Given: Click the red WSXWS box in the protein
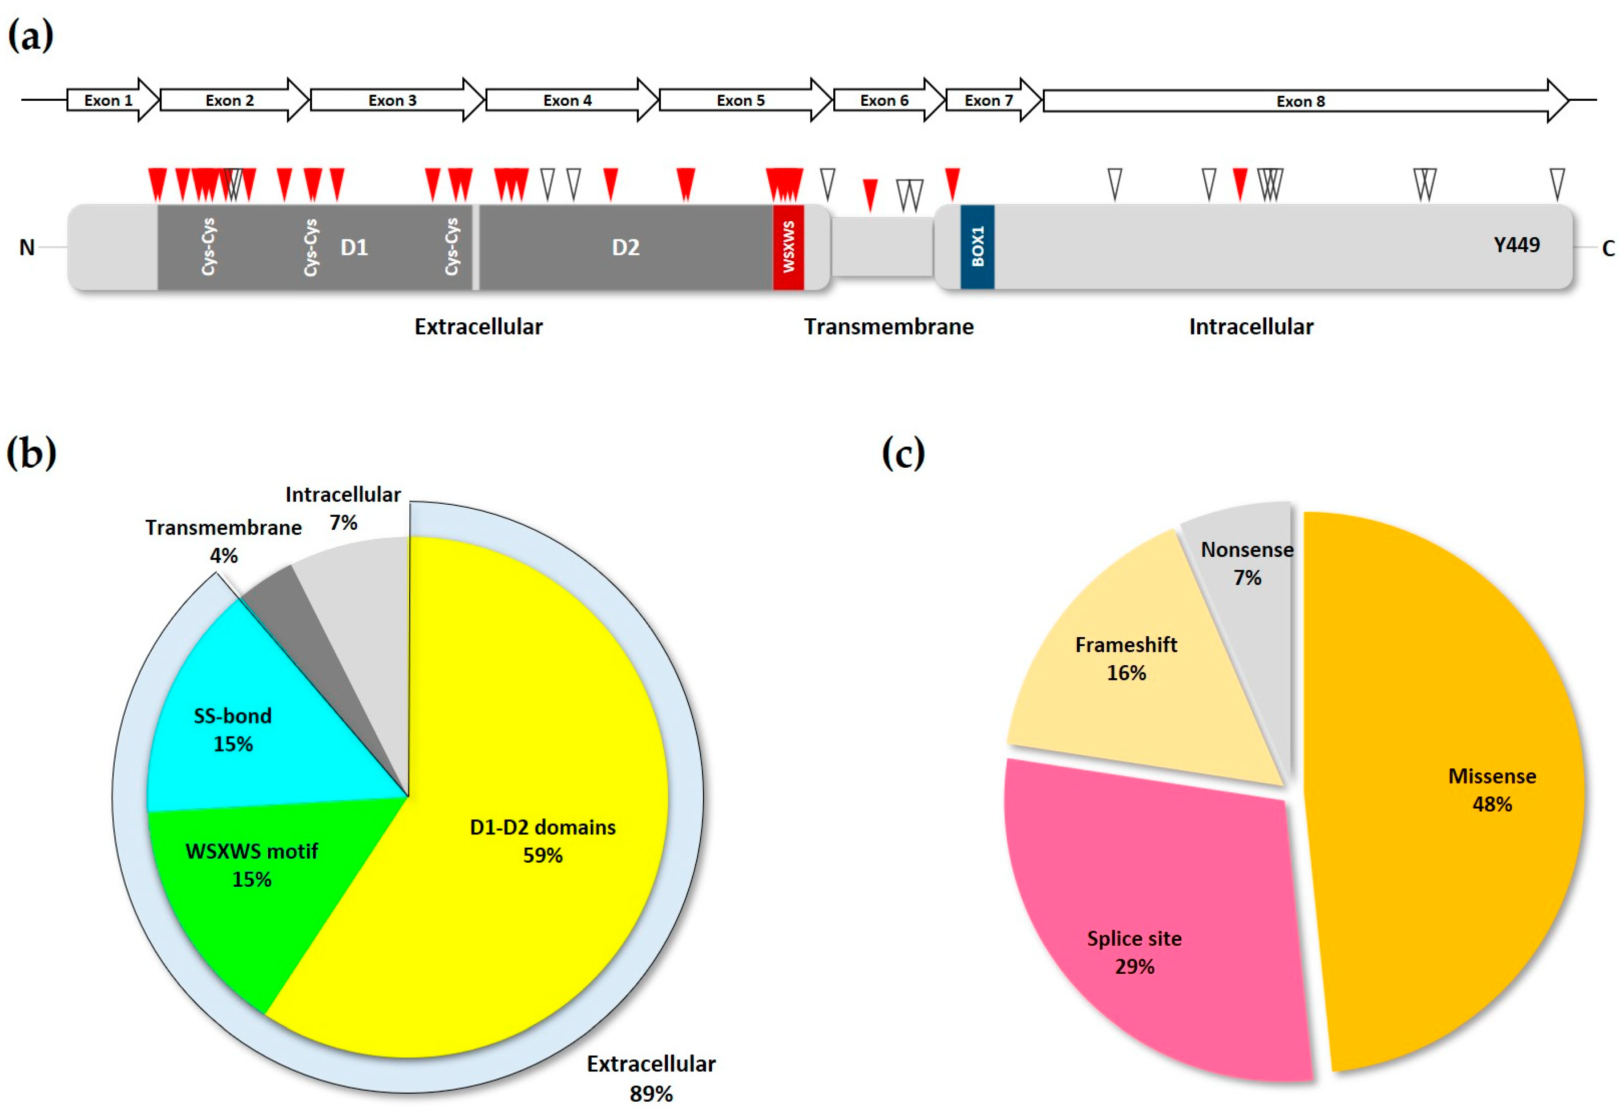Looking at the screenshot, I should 788,247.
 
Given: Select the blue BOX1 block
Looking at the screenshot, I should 977,247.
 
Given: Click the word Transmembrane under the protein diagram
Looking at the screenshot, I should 889,327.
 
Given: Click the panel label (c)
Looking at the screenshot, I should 903,454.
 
